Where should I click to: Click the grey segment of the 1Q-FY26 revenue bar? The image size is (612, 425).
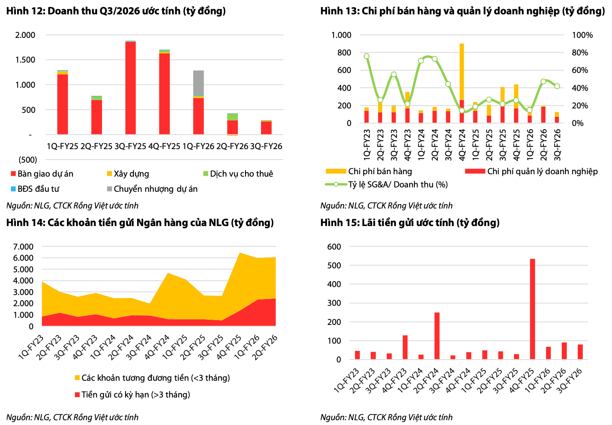(x=199, y=83)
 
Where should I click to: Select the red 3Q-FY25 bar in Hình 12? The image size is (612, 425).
(x=131, y=88)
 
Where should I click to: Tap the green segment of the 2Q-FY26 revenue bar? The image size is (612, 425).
(x=233, y=117)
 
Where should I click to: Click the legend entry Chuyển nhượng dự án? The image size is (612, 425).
(x=152, y=189)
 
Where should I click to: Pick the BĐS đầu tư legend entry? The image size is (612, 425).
(x=35, y=189)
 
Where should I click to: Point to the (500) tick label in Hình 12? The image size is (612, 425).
(x=27, y=160)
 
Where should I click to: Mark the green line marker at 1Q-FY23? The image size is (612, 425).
(x=367, y=56)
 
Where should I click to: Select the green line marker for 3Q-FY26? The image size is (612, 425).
(x=557, y=87)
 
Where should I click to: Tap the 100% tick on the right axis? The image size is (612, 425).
(x=583, y=35)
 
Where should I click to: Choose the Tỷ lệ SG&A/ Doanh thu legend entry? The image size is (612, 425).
(x=386, y=185)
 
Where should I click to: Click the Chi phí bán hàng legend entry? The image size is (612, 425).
(x=369, y=171)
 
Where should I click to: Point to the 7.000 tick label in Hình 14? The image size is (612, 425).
(x=23, y=247)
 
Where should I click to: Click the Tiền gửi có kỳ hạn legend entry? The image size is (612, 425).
(x=133, y=395)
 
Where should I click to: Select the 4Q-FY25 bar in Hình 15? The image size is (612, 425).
(x=532, y=309)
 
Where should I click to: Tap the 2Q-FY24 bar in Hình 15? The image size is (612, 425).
(x=437, y=336)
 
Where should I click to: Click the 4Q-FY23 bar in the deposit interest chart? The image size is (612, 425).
(x=405, y=347)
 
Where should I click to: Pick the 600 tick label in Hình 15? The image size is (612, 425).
(x=334, y=247)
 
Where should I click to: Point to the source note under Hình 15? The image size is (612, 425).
(x=386, y=417)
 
